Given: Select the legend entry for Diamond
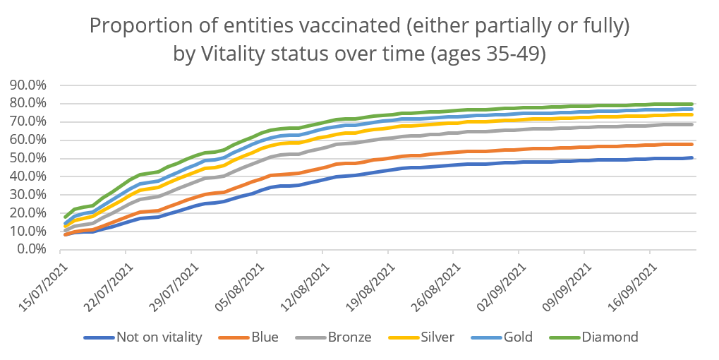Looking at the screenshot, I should point(610,337).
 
